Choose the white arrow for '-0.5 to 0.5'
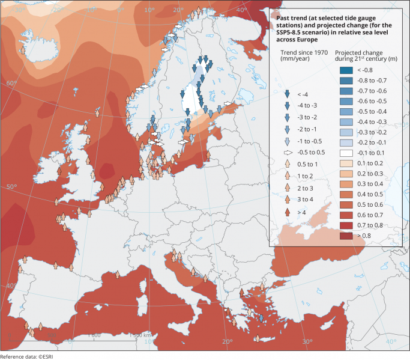point(287,152)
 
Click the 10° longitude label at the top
point(149,10)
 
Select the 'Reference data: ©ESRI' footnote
point(27,356)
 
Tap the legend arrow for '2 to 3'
point(287,188)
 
